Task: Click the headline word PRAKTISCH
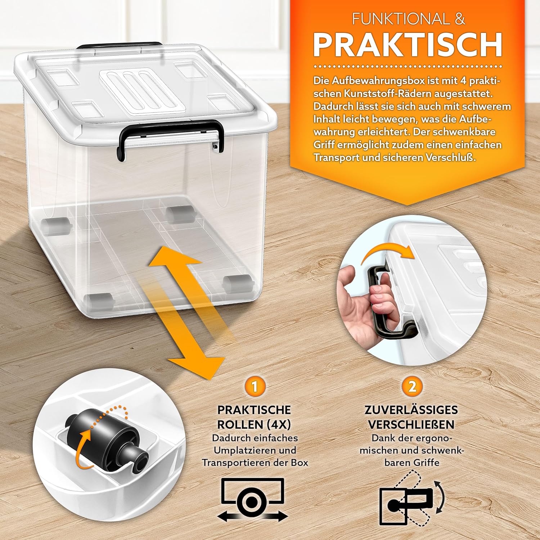[x=408, y=45]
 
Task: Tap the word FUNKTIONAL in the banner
[x=401, y=19]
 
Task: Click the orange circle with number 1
[x=255, y=387]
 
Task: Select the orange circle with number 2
[x=412, y=387]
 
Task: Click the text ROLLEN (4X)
[x=254, y=424]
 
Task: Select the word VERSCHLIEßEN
[x=411, y=424]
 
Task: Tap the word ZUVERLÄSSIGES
[x=411, y=410]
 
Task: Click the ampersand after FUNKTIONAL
[x=460, y=19]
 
